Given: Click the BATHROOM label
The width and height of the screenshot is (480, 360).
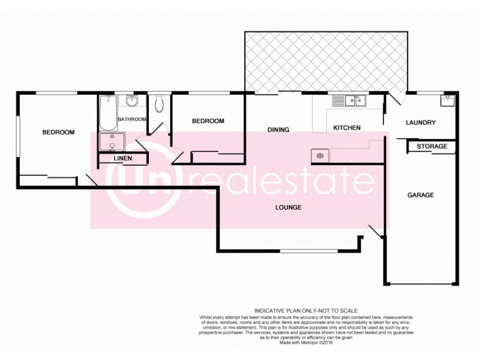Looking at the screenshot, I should click(132, 119).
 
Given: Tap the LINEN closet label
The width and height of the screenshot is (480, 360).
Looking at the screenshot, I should click(123, 158).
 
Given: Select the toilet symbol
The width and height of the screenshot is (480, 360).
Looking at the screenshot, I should click(158, 105).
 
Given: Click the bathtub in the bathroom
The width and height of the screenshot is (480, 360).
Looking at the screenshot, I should click(108, 113).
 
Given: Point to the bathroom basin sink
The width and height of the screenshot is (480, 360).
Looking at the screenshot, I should click(133, 101).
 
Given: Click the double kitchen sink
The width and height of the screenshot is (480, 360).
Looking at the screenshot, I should click(350, 101).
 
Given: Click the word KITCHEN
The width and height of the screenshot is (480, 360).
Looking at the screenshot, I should click(346, 128).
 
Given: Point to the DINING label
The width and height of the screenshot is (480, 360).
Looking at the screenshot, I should click(278, 130).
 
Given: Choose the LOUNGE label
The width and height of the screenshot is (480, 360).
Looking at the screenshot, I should click(289, 208).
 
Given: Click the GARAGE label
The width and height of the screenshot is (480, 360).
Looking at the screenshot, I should click(420, 195).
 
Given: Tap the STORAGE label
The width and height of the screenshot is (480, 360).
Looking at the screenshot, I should click(431, 146).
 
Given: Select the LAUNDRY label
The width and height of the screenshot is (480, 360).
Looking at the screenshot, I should click(420, 123).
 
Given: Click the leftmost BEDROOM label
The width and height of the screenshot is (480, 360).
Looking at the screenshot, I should click(58, 132).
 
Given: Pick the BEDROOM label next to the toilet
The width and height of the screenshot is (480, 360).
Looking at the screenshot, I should click(208, 121).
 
